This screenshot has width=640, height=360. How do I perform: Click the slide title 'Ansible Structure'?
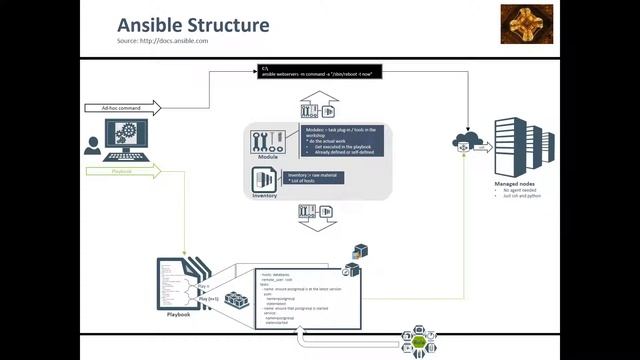[x=193, y=24]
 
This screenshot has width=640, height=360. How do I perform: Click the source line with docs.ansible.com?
[x=161, y=41]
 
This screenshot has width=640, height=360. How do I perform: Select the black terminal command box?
[x=318, y=72]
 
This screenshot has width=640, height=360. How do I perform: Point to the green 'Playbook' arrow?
[x=122, y=171]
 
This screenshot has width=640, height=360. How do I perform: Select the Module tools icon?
[x=268, y=141]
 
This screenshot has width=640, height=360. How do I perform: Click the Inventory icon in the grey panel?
[x=265, y=179]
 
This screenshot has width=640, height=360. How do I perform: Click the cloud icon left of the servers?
[x=465, y=141]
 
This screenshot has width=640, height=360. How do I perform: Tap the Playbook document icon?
[x=176, y=284]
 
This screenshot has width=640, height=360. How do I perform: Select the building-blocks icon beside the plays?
[x=237, y=300]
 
